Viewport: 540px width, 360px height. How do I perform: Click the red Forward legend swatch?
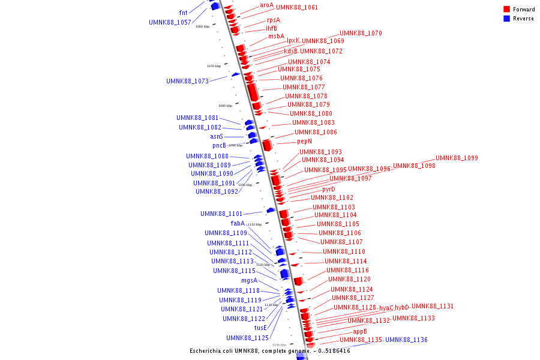[506, 10]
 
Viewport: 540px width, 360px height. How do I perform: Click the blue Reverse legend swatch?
[506, 19]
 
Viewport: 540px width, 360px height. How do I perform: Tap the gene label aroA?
[266, 5]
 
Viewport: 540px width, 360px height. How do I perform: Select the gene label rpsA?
[274, 20]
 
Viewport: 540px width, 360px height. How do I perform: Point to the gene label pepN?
[304, 142]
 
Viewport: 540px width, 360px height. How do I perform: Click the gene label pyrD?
[329, 190]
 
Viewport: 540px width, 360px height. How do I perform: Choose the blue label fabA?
[238, 224]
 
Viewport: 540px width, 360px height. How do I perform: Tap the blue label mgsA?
[249, 280]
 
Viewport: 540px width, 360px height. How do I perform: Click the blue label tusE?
[260, 328]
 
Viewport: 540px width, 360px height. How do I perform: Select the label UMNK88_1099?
[457, 158]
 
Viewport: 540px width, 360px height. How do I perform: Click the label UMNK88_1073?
[187, 81]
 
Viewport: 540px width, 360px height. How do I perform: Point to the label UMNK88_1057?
[170, 23]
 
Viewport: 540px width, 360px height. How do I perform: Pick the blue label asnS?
[217, 137]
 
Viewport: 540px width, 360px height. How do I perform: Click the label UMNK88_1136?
[406, 340]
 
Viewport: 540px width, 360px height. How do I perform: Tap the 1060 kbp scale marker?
[203, 26]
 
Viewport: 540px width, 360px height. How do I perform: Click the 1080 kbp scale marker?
[225, 106]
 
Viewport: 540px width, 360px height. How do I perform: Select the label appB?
[360, 331]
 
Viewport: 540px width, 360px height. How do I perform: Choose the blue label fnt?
[184, 13]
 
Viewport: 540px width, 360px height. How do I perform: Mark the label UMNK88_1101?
[221, 214]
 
